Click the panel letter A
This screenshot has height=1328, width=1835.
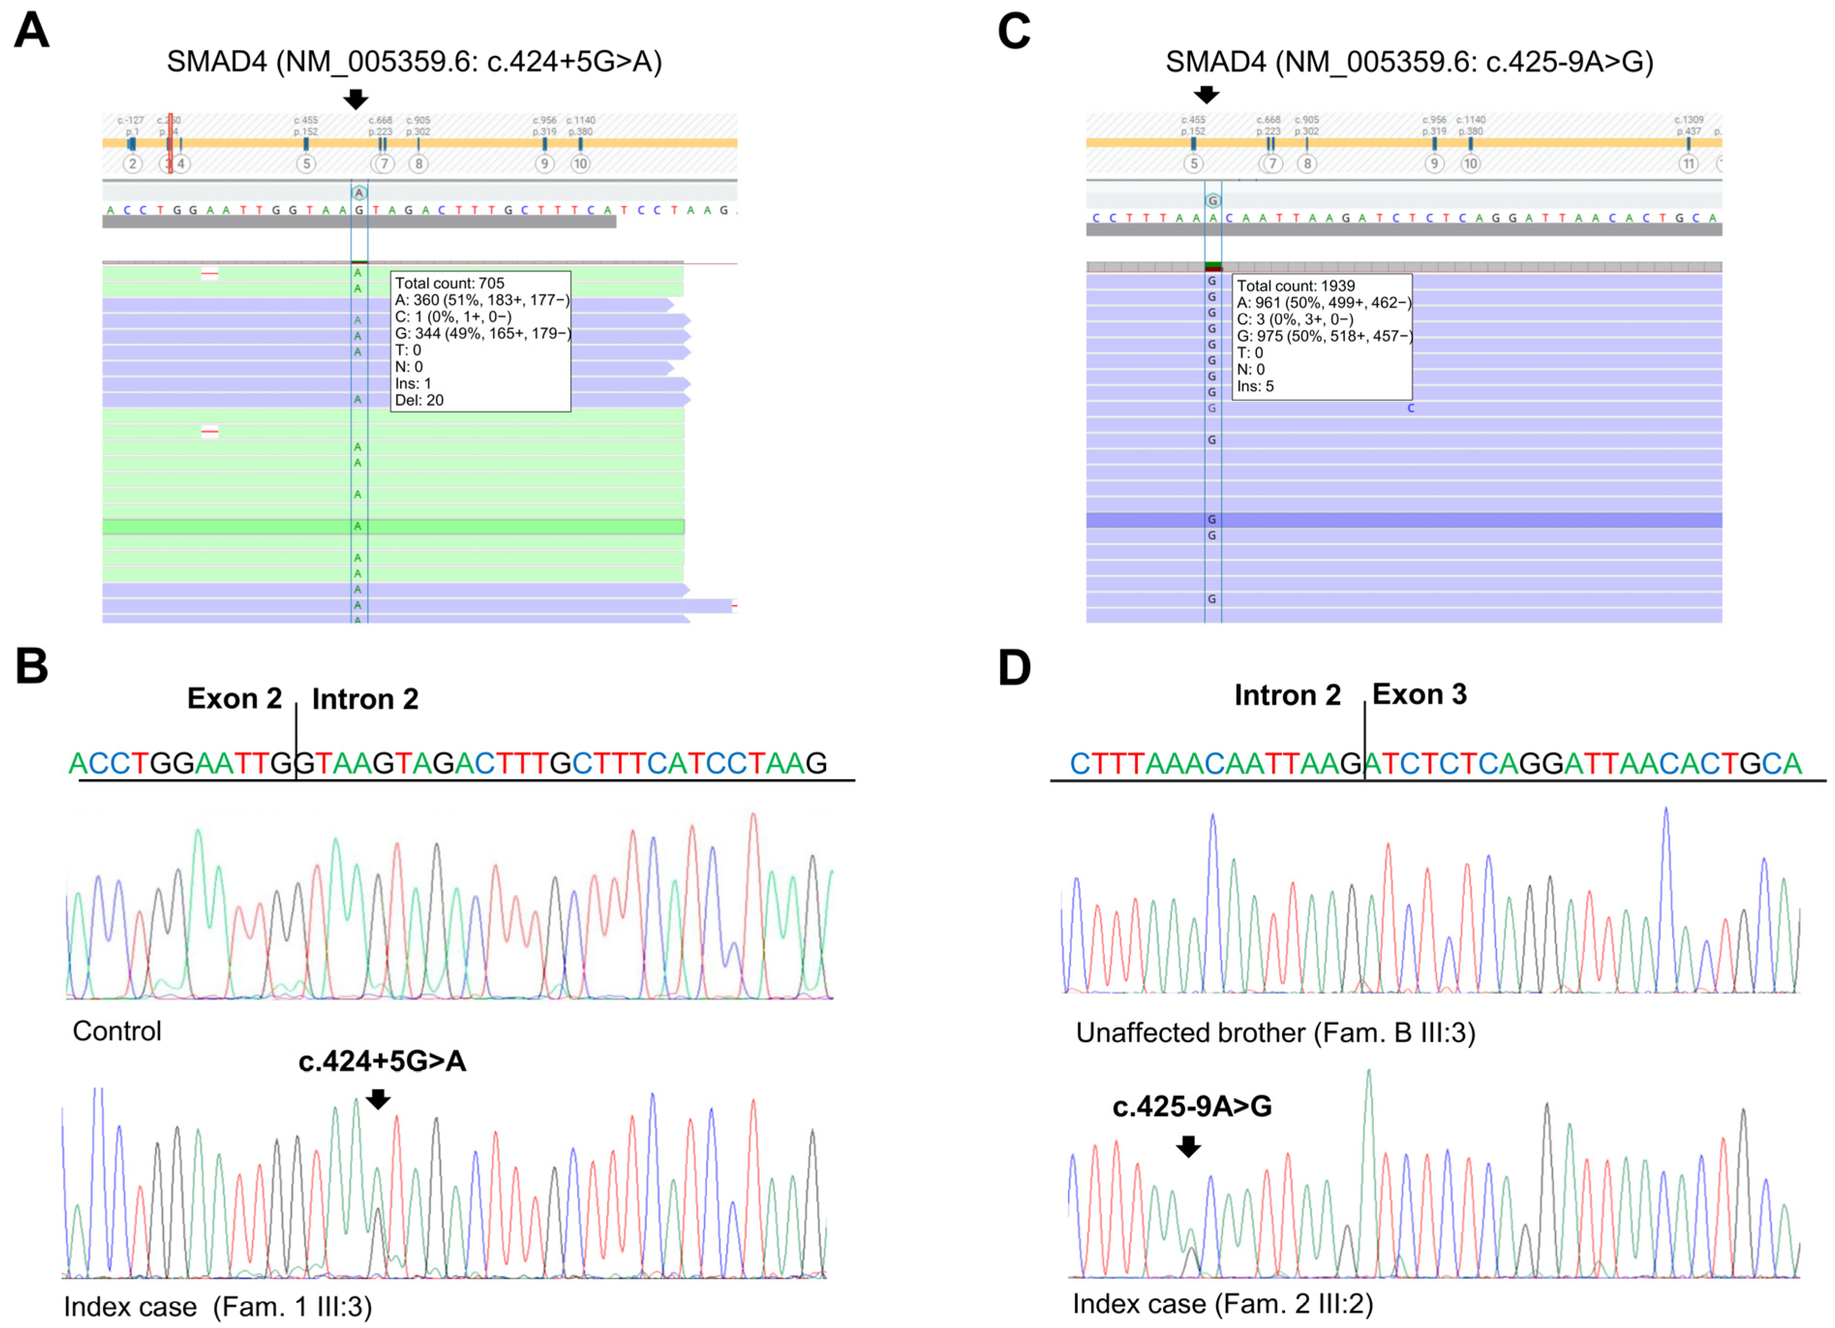31,31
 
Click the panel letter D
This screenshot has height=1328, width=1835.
1014,668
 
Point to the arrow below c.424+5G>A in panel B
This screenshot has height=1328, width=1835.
378,1098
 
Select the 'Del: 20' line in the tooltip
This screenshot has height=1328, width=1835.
419,400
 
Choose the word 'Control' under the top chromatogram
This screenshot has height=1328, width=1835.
117,1031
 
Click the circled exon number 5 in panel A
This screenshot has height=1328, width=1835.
306,164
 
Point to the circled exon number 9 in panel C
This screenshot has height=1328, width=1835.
1434,164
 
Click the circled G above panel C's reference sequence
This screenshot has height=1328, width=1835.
1212,201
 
